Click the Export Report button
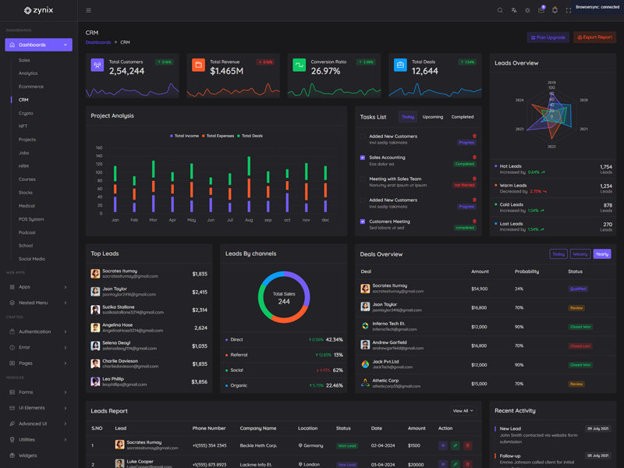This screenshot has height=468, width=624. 595,37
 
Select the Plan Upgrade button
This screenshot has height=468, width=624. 548,37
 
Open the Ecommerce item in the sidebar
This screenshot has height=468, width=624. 31,87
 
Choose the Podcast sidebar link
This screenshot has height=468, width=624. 27,232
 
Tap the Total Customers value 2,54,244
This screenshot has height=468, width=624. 126,71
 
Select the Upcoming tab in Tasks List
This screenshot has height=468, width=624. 433,117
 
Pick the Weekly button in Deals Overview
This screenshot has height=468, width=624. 580,254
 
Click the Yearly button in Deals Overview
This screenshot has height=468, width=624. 602,254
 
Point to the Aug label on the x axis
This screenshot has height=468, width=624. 249,220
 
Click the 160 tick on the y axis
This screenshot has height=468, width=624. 99,147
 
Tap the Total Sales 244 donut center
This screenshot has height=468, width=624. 284,298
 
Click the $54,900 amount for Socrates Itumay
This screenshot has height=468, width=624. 479,289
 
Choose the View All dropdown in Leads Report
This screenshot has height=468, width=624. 463,411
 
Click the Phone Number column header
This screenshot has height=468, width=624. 209,428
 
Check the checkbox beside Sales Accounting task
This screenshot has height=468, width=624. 363,158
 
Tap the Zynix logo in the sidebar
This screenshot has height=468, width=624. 38,10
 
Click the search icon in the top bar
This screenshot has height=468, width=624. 500,10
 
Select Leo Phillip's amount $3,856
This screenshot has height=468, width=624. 199,382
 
